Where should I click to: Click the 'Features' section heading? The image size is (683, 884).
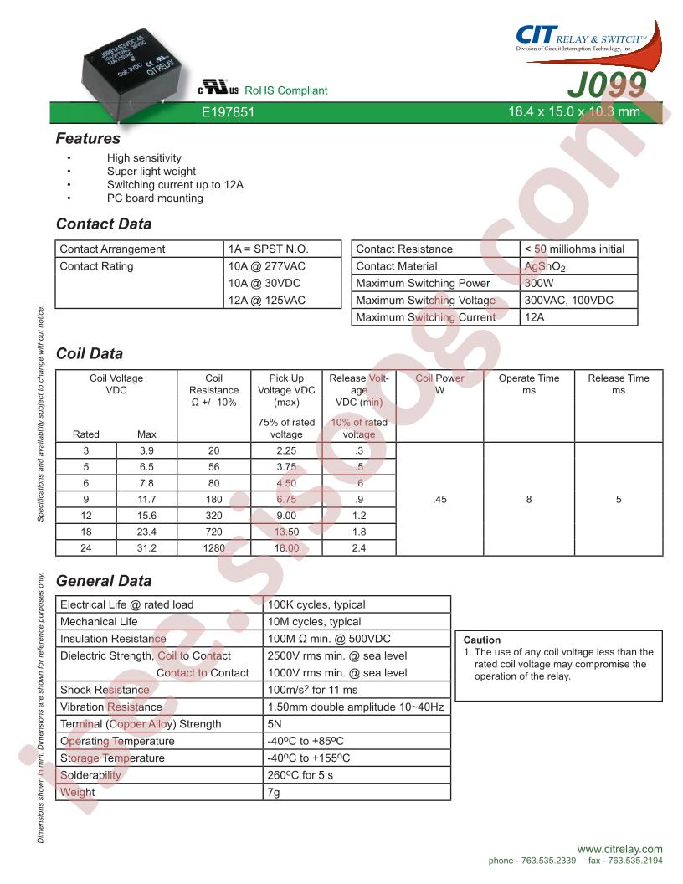pyautogui.click(x=88, y=139)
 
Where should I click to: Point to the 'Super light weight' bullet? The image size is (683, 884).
pyautogui.click(x=151, y=172)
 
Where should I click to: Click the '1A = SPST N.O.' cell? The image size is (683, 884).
pyautogui.click(x=269, y=249)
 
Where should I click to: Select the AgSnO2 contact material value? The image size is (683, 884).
pyautogui.click(x=544, y=267)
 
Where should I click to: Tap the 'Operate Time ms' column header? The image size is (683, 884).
pyautogui.click(x=529, y=384)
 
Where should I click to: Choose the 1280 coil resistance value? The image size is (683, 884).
pyautogui.click(x=213, y=548)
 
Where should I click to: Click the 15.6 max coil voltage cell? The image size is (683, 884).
pyautogui.click(x=146, y=516)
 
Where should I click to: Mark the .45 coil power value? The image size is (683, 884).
pyautogui.click(x=439, y=499)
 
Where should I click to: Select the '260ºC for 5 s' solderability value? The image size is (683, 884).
pyautogui.click(x=300, y=775)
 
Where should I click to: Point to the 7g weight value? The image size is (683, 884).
pyautogui.click(x=273, y=792)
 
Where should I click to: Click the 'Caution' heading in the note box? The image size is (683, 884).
pyautogui.click(x=482, y=640)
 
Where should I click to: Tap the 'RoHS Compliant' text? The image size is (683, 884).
pyautogui.click(x=286, y=90)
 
